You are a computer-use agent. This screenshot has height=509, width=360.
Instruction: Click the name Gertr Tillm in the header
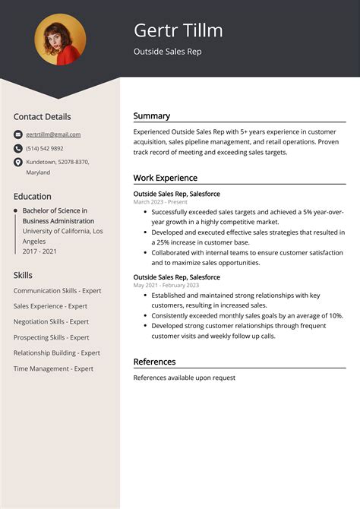tap(178, 30)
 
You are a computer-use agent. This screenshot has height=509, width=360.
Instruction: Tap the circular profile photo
tap(60, 40)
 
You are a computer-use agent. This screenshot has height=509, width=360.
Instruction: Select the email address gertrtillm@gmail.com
tap(53, 134)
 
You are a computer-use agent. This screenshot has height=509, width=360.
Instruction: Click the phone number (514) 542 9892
tap(45, 148)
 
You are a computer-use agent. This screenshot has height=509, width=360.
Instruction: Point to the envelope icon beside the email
tap(17, 134)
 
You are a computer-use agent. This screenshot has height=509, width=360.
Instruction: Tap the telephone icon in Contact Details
tap(17, 148)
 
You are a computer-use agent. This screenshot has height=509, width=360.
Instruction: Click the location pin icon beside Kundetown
tap(17, 162)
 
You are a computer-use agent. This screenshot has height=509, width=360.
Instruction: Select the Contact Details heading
tap(42, 117)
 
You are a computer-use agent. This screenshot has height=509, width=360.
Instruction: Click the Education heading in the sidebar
tap(33, 196)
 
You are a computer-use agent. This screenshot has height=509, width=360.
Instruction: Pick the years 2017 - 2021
tap(39, 251)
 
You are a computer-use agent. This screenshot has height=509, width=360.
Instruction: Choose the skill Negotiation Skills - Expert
tap(51, 321)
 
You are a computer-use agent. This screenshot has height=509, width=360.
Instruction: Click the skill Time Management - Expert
tap(53, 368)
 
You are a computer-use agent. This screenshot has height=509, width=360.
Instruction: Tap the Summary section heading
tap(152, 116)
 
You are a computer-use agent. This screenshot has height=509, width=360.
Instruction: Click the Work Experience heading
tap(165, 178)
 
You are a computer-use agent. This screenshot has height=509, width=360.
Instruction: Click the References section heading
tap(154, 362)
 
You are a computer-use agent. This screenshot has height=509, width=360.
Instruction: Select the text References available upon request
tap(184, 378)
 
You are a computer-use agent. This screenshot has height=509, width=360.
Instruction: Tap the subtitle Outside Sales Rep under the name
tap(167, 52)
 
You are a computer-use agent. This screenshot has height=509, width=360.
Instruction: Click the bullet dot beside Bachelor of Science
tap(15, 210)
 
